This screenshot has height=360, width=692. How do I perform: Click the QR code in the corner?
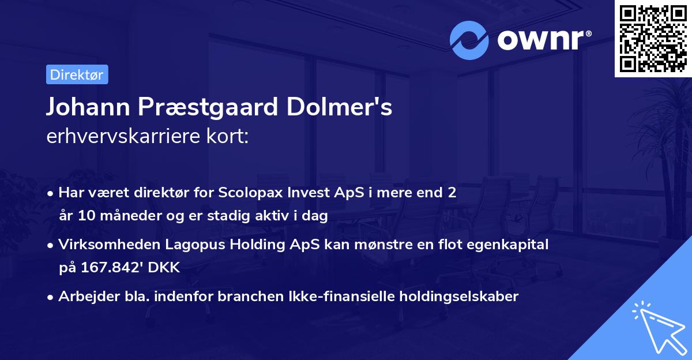click(x=653, y=39)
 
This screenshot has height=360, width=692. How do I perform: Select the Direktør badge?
click(x=76, y=75)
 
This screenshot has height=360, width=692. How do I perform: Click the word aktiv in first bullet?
click(x=287, y=216)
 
